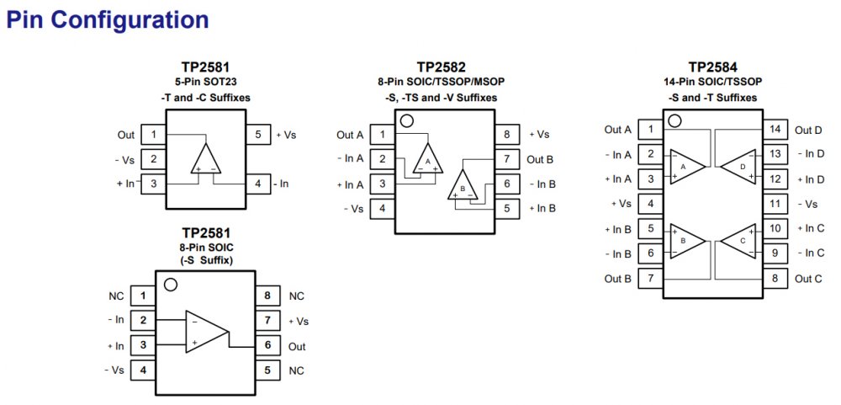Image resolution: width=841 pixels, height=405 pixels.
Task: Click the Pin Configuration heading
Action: [x=108, y=19]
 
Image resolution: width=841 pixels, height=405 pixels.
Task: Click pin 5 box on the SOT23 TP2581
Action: [x=257, y=135]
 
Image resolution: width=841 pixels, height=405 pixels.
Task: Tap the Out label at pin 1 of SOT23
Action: [x=126, y=135]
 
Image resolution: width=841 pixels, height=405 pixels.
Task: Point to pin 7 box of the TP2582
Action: [x=506, y=159]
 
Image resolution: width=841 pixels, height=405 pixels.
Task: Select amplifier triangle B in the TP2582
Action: [x=462, y=184]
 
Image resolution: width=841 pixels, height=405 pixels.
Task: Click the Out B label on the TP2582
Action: [x=540, y=159]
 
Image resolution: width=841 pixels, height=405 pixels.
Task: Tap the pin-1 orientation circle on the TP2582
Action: [x=407, y=121]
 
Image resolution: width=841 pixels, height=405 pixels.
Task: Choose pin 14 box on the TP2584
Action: [x=775, y=130]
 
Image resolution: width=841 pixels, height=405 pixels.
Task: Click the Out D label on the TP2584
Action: [x=808, y=130]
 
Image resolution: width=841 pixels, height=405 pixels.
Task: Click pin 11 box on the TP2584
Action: [x=775, y=204]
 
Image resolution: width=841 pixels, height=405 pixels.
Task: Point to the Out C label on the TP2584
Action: [x=808, y=279]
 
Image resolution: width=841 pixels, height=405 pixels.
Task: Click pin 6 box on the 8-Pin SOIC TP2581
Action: [x=267, y=346]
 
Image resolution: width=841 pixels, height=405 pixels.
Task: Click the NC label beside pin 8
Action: [x=297, y=296]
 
